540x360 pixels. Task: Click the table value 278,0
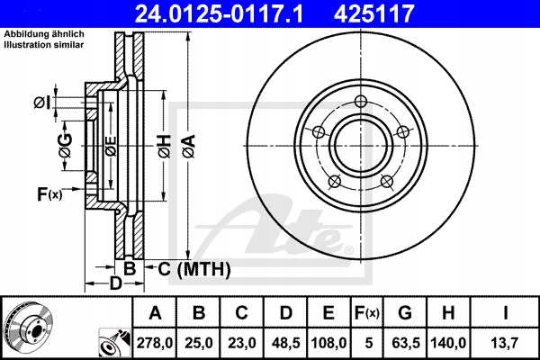[155, 343]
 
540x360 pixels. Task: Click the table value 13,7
[507, 343]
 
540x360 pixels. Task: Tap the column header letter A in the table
[155, 314]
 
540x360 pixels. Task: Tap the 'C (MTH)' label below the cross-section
[194, 268]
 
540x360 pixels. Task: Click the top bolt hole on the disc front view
[360, 101]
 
